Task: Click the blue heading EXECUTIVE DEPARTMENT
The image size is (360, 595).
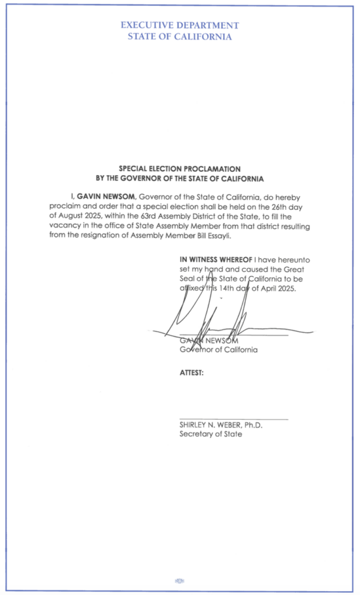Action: [180, 25]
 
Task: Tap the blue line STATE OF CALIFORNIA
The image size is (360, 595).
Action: [180, 37]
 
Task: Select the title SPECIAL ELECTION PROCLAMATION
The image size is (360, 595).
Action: [180, 169]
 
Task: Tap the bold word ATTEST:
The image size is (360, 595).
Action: [192, 373]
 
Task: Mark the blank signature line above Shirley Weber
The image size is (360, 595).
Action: [234, 419]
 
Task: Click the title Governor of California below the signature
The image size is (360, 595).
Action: [218, 350]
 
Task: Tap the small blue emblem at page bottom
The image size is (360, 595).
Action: [180, 581]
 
